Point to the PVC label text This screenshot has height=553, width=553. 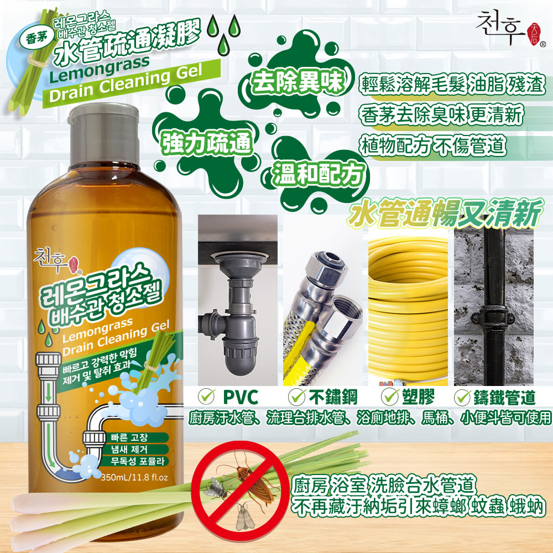click(240, 397)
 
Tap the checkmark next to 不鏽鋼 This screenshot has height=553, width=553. click(298, 397)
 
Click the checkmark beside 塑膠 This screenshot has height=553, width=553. click(392, 397)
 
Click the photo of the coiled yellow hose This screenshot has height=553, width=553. click(408, 306)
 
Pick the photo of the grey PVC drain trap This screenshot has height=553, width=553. click(239, 301)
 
